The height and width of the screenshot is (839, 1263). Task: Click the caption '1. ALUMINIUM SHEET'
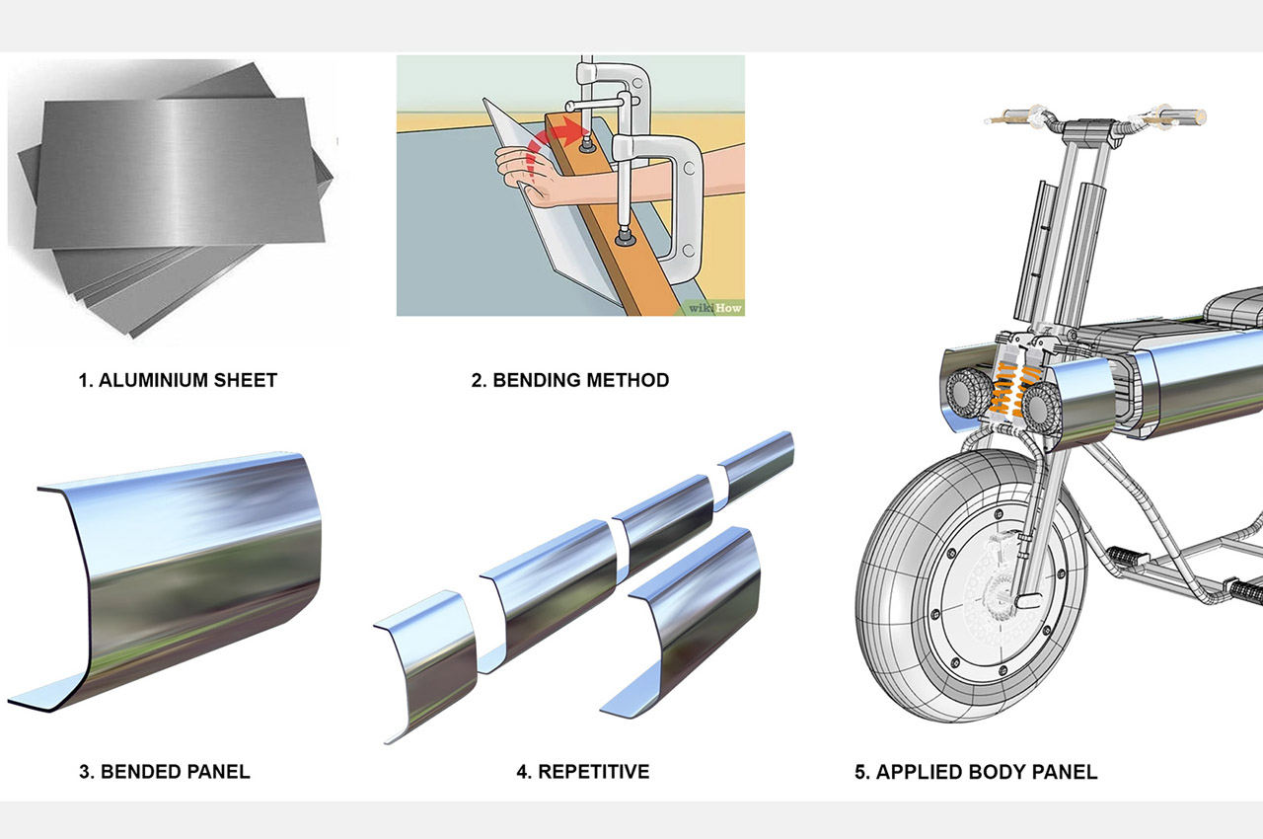coord(178,379)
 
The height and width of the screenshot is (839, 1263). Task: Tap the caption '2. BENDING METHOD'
coord(569,379)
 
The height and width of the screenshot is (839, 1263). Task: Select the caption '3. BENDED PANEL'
coord(164,771)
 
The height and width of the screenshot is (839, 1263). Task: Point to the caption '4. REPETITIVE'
coord(582,771)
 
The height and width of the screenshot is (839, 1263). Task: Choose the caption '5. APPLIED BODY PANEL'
coord(975,771)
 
